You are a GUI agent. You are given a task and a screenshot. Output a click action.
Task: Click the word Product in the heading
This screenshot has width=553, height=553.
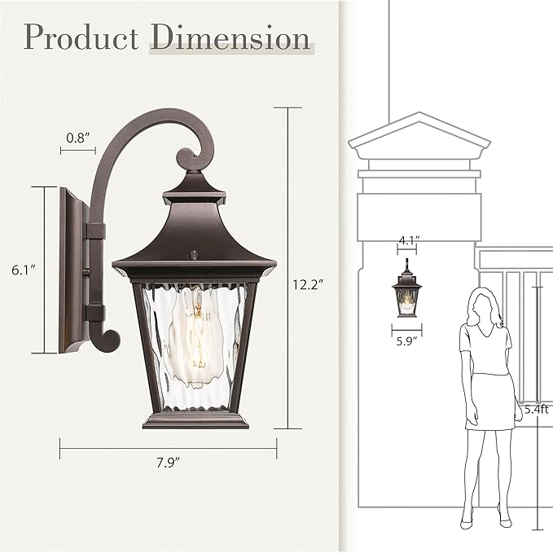pos(81,37)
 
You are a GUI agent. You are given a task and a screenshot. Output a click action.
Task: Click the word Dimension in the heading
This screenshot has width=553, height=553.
pos(230,37)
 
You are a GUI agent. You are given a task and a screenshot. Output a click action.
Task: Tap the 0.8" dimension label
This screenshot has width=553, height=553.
pos(77,138)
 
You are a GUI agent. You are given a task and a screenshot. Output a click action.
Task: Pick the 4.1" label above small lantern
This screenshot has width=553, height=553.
pos(408,240)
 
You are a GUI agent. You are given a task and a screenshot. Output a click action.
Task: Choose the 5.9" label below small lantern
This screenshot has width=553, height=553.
pos(406,342)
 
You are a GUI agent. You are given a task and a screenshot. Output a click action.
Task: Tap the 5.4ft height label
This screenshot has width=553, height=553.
pos(538,410)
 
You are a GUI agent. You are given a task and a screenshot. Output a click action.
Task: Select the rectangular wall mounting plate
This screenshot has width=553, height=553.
pos(71,270)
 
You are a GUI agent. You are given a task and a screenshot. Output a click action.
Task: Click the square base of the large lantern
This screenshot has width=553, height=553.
pos(195,419)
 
